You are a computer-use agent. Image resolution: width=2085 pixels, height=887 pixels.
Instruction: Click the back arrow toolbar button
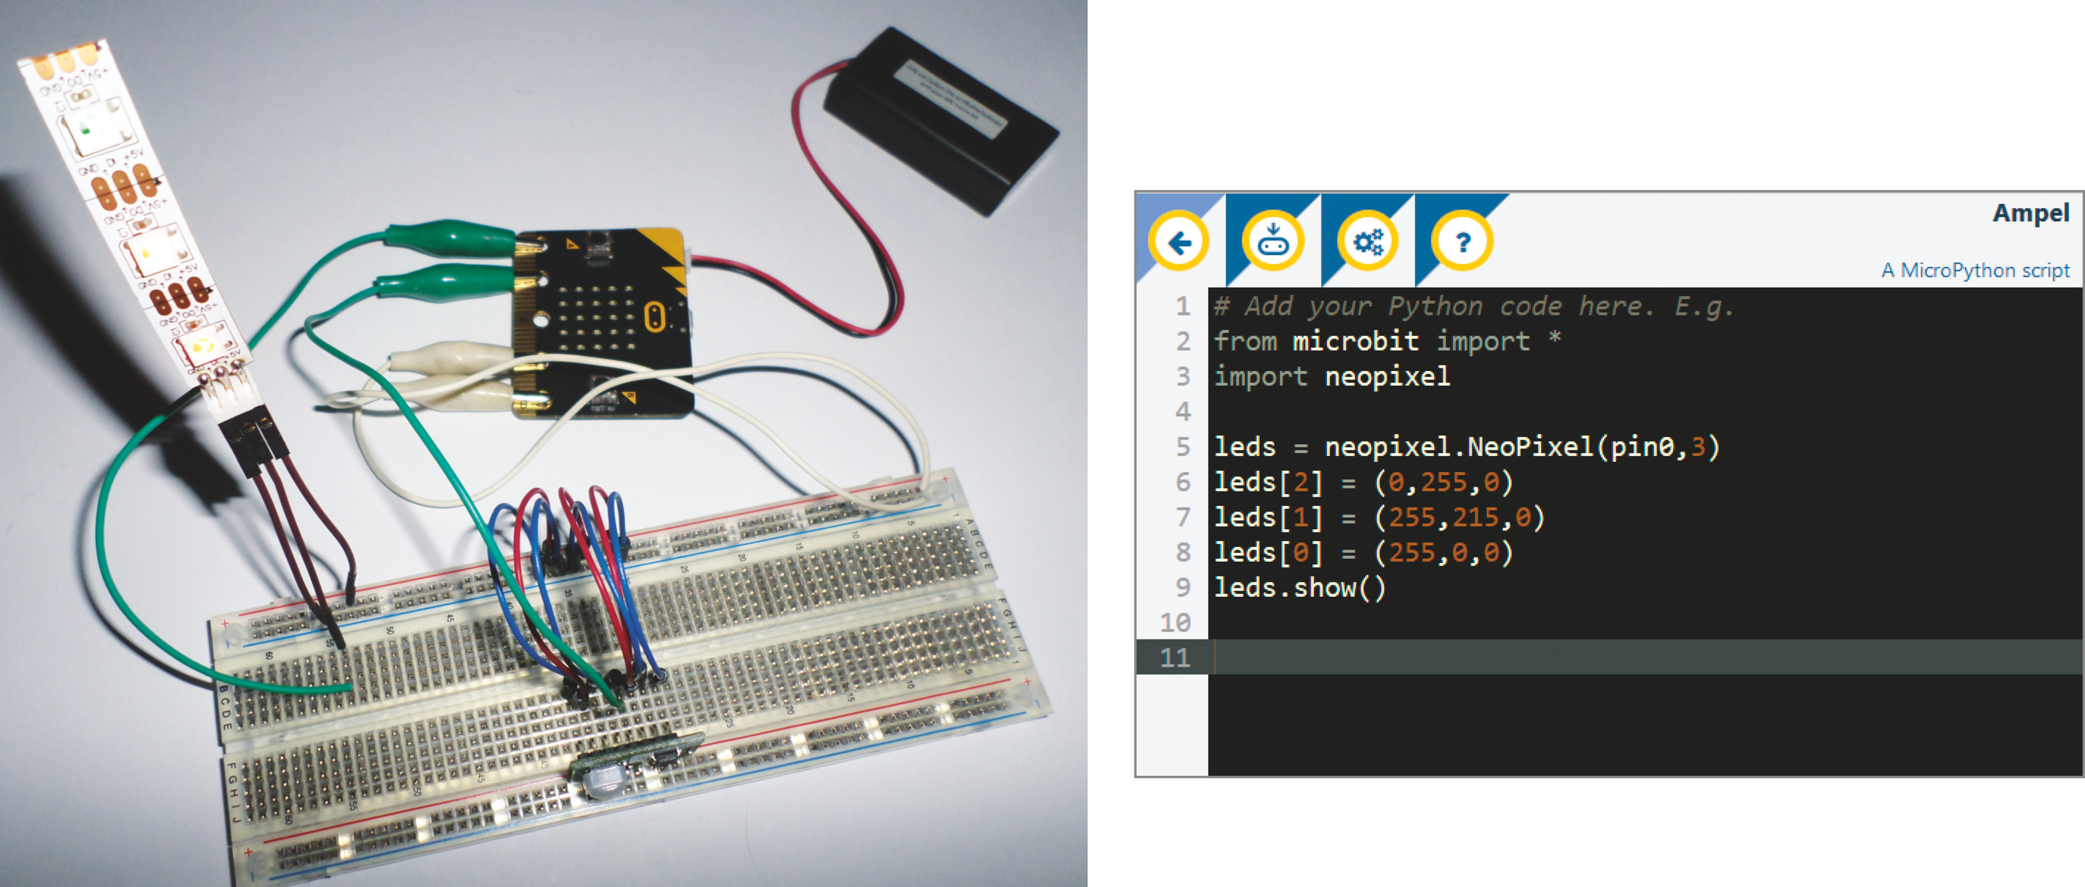coord(1178,241)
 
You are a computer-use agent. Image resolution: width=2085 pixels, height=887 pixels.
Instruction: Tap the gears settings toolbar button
coord(1368,241)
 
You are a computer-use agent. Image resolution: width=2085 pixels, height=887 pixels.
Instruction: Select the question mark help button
coord(1462,241)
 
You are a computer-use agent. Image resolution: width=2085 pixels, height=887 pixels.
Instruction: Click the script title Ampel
coord(2030,213)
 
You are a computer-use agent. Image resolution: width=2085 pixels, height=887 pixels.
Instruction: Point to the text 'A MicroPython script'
coord(1975,270)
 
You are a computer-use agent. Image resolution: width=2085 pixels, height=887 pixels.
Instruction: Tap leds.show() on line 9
coord(1299,588)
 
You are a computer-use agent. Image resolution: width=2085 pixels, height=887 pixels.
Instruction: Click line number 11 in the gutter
coord(1175,657)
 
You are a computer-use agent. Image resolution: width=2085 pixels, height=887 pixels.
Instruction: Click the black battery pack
coord(939,121)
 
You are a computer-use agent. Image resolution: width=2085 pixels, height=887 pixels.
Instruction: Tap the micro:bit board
coord(603,324)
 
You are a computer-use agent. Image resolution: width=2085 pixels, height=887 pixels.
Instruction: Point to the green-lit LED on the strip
coord(88,128)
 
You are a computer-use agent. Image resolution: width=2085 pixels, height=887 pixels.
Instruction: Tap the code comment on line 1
coord(1473,306)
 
